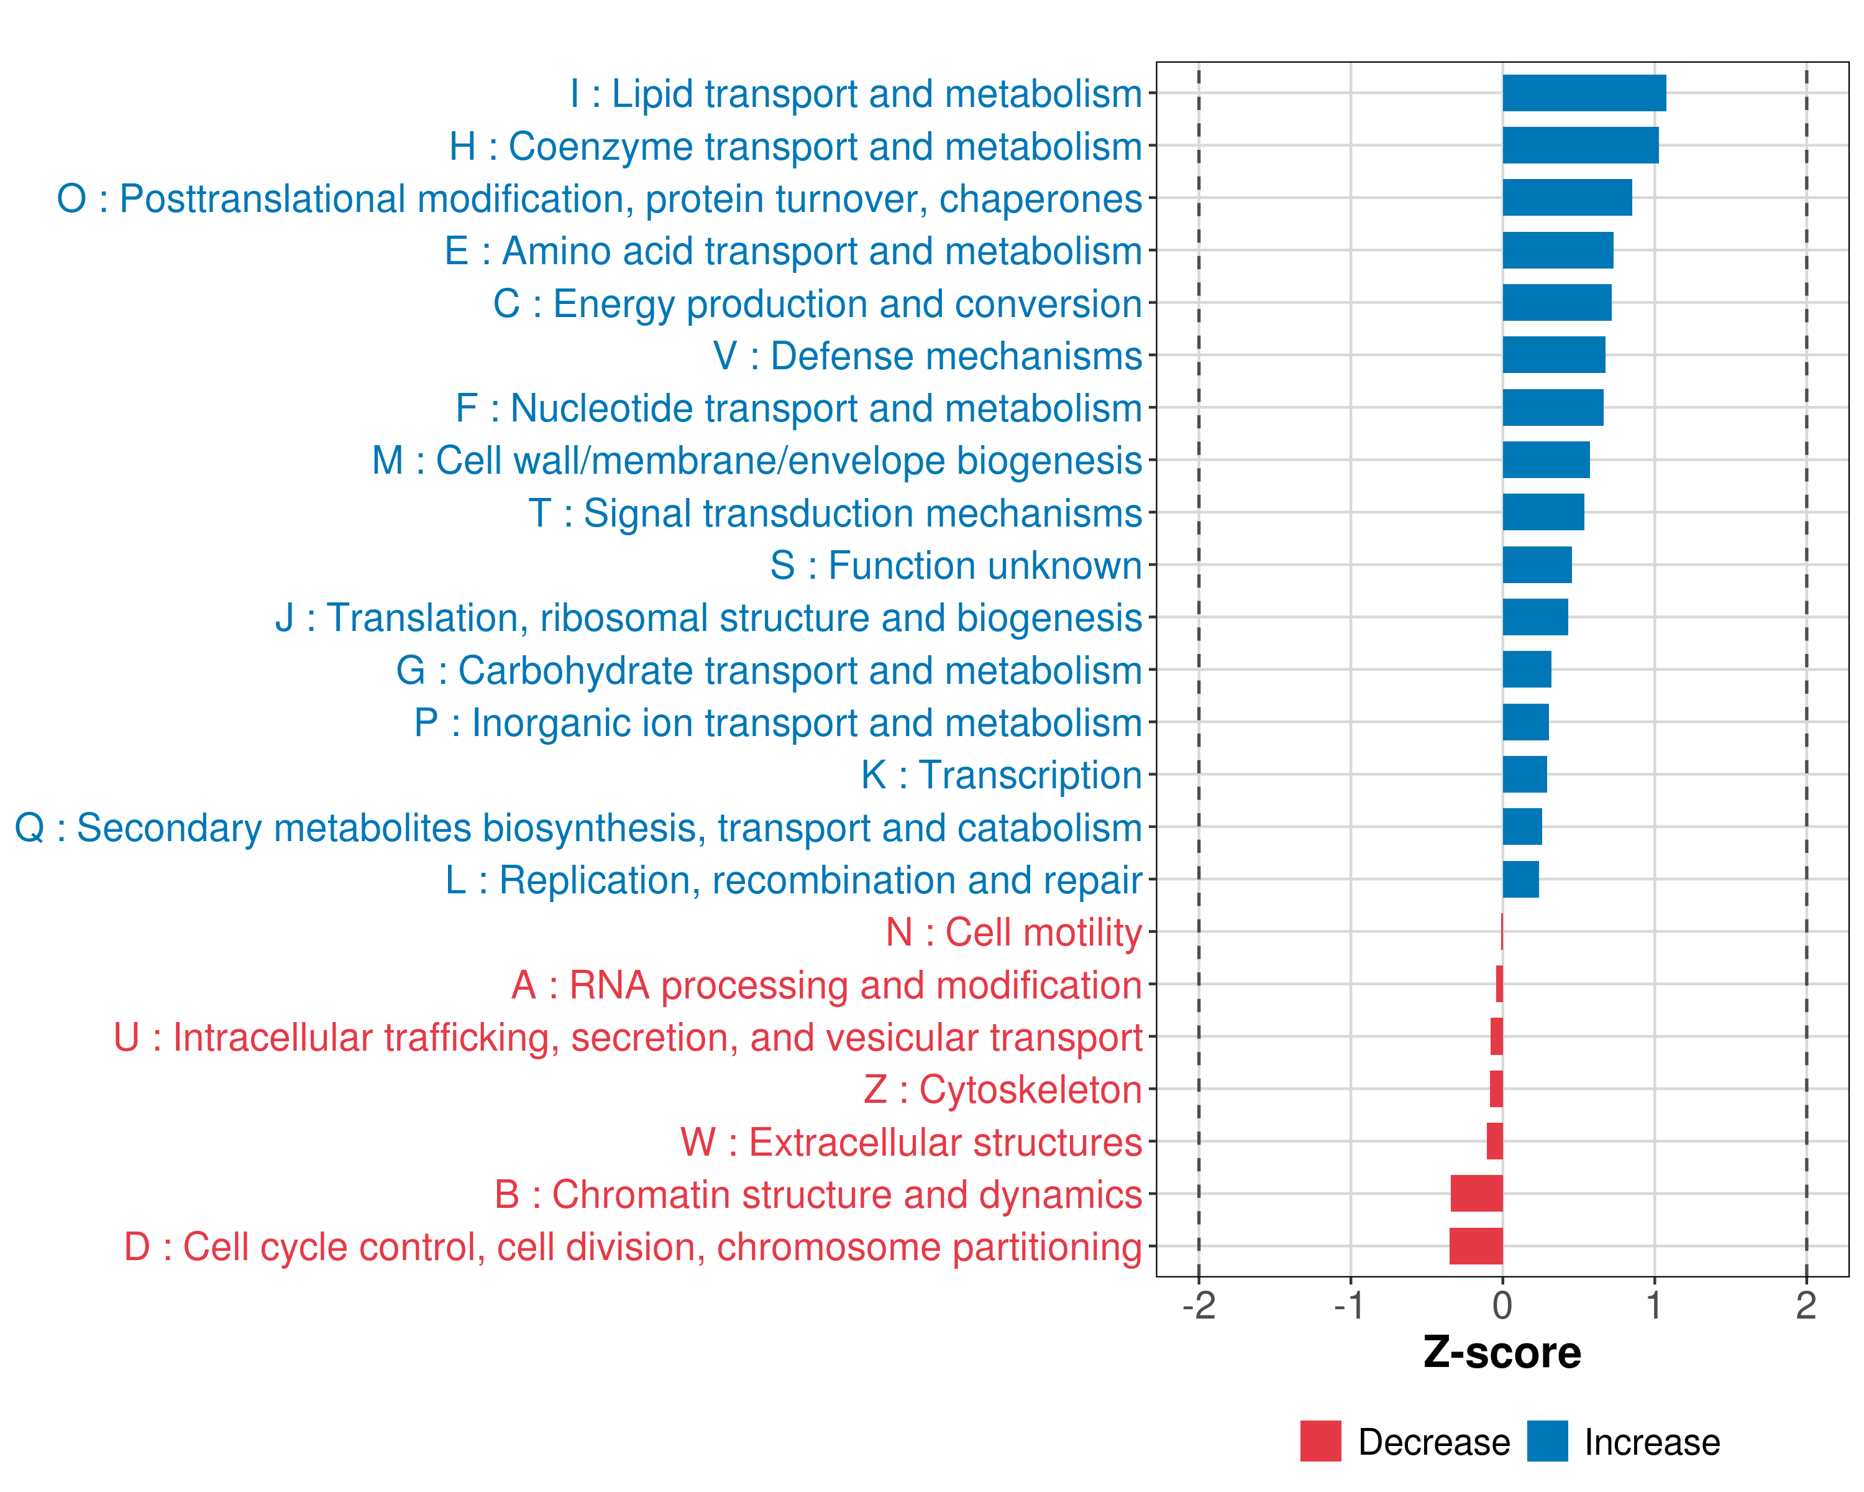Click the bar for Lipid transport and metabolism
pyautogui.click(x=1584, y=93)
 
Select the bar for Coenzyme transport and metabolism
pyautogui.click(x=1581, y=145)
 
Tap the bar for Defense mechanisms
pyautogui.click(x=1553, y=354)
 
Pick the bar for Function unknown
pyautogui.click(x=1537, y=565)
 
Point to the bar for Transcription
pyautogui.click(x=1524, y=774)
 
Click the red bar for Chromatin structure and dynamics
pyautogui.click(x=1477, y=1194)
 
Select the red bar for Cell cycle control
pyautogui.click(x=1476, y=1246)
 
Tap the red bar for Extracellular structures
pyautogui.click(x=1495, y=1141)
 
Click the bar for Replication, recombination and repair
pyautogui.click(x=1521, y=880)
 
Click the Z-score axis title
pyautogui.click(x=1502, y=1353)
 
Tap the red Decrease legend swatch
pyautogui.click(x=1320, y=1441)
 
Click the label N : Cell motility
pyautogui.click(x=1014, y=932)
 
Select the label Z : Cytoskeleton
pyautogui.click(x=1003, y=1090)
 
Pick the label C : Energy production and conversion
pyautogui.click(x=818, y=303)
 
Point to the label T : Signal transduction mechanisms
pyautogui.click(x=835, y=513)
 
